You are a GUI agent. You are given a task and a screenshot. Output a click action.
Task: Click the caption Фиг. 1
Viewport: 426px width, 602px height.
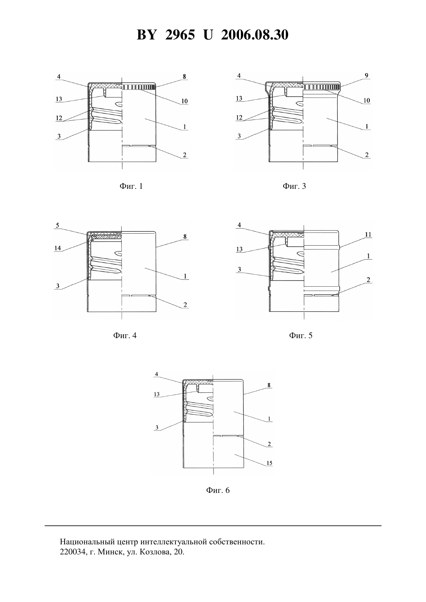131,186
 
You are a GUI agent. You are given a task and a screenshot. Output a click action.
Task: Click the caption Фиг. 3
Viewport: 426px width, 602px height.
294,186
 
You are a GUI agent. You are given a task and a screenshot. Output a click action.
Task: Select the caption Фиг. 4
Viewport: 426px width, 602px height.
125,335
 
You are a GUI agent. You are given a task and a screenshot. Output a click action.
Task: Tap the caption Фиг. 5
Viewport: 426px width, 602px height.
301,335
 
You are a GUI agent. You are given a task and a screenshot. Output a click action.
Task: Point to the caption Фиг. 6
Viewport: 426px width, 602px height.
218,490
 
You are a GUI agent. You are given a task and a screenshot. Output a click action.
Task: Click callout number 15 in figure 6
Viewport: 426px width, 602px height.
269,463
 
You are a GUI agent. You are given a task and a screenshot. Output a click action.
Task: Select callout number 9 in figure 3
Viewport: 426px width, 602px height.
367,75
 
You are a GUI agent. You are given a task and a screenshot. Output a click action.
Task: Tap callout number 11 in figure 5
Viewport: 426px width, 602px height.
368,234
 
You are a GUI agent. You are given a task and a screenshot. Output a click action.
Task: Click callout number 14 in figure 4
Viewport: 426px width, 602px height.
58,248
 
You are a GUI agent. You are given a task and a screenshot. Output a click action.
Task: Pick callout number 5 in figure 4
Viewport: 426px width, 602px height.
58,225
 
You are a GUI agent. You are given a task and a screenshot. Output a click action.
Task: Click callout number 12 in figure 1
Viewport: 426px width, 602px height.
59,118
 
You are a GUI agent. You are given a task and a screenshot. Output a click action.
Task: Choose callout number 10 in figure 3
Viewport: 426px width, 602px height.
367,101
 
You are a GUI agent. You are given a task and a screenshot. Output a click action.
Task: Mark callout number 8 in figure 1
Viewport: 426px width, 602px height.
184,76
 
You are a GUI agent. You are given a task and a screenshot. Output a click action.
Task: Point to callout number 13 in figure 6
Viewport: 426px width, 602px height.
156,394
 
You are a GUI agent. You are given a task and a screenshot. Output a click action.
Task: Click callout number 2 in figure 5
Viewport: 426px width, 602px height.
368,279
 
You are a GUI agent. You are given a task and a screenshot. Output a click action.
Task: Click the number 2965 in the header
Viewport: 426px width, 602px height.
180,35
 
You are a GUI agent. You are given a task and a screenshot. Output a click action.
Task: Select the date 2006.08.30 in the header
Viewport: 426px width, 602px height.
255,35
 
